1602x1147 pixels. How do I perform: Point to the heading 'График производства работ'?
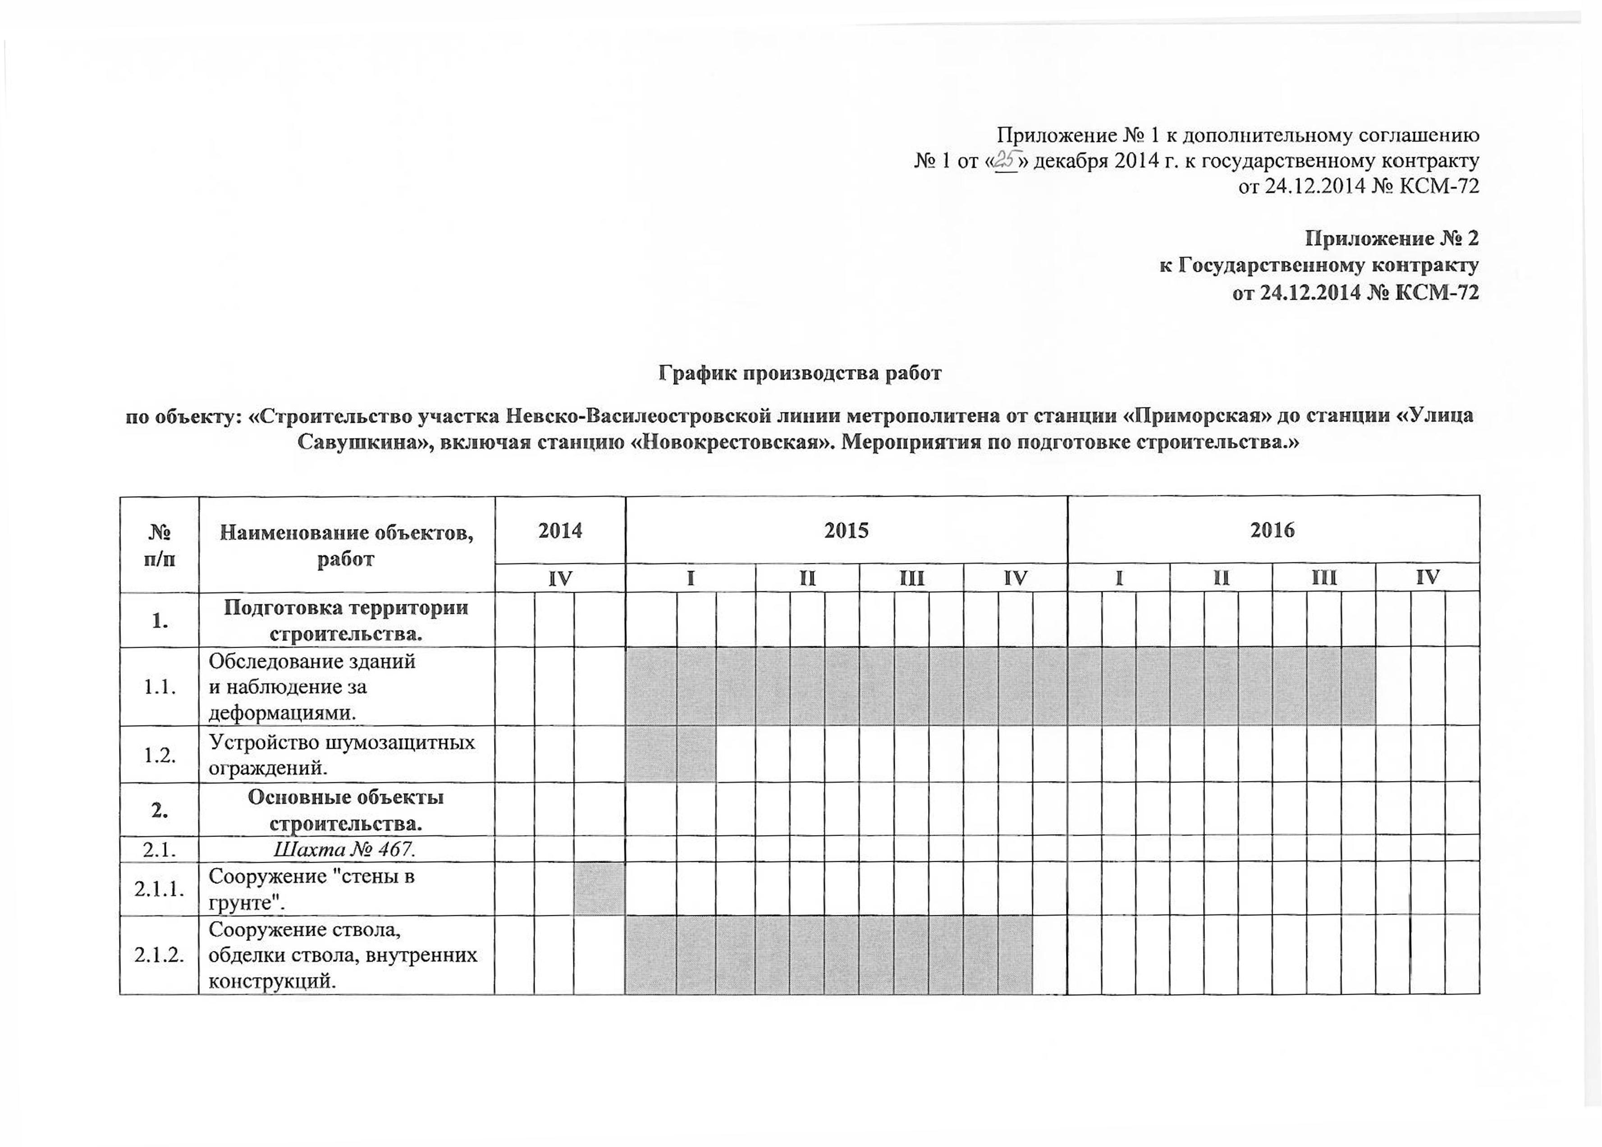(x=800, y=373)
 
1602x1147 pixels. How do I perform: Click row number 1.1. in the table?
(x=160, y=686)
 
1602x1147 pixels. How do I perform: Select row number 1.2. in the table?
(x=160, y=754)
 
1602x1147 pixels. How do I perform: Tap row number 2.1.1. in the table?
(x=160, y=888)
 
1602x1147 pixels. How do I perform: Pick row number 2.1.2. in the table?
(x=160, y=955)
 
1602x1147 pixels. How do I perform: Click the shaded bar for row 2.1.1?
(x=599, y=888)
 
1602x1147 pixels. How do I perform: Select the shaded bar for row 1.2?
(x=670, y=754)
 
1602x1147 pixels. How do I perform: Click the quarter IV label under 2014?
(x=560, y=578)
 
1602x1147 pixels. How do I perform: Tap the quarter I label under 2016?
(x=1119, y=578)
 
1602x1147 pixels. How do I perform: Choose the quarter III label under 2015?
(x=911, y=578)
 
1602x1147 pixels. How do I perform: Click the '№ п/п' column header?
(x=160, y=544)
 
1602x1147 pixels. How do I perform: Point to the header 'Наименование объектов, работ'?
(x=346, y=544)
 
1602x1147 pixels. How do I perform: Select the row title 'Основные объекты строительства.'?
(x=346, y=810)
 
